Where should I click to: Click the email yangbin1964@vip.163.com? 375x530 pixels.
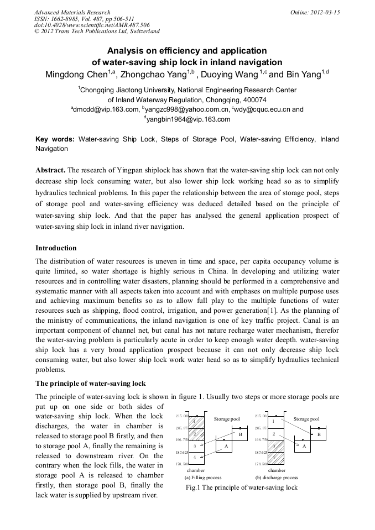[188, 119]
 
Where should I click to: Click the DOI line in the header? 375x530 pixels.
[92, 25]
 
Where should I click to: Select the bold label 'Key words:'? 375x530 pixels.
[55, 139]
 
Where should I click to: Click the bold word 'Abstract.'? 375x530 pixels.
[50, 170]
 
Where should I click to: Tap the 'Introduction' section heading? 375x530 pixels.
[56, 248]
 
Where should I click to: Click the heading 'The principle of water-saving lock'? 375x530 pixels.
[91, 384]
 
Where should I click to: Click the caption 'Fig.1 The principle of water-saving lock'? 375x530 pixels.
[241, 487]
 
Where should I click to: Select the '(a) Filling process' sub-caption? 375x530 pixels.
[203, 477]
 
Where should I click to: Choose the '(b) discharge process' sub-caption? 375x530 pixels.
[277, 477]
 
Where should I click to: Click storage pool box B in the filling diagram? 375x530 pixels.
[241, 435]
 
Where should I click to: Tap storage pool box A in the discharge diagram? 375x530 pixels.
[304, 446]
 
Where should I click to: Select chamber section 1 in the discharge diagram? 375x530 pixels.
[274, 422]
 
